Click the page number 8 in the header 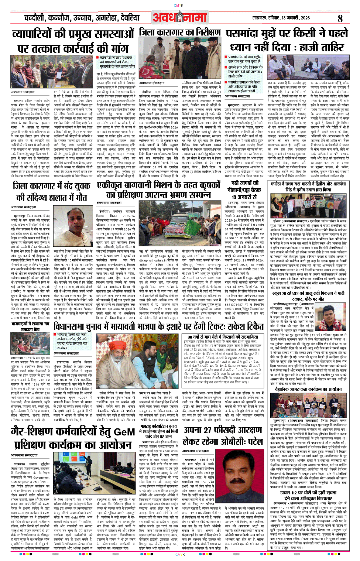[x=340, y=18]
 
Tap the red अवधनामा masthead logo [x=180, y=18]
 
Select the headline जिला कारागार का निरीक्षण [x=180, y=33]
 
